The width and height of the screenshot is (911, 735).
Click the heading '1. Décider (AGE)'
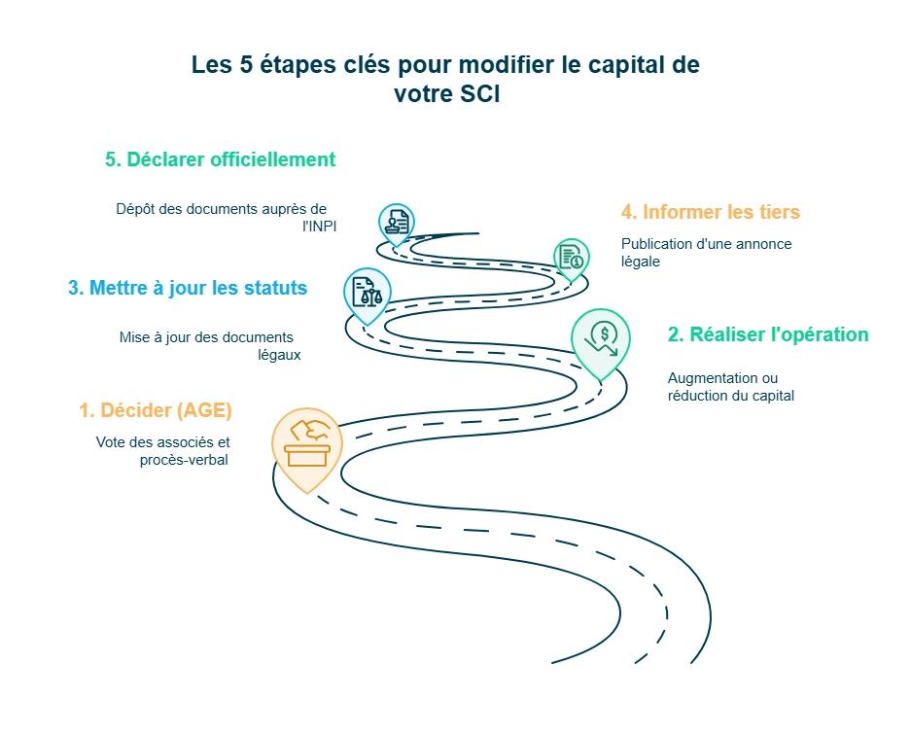click(x=156, y=410)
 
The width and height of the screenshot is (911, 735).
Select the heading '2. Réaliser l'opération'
click(x=767, y=334)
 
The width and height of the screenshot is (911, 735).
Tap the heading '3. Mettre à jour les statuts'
click(x=188, y=288)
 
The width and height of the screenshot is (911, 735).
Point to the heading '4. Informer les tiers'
click(x=710, y=212)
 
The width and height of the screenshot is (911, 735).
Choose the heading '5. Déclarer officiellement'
click(x=220, y=159)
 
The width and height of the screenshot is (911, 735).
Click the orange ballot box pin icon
click(x=307, y=446)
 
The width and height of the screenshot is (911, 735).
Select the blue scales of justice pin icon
click(x=367, y=293)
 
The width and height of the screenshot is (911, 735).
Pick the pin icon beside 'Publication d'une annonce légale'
click(x=571, y=258)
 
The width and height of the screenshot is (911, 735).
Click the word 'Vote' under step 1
click(x=111, y=442)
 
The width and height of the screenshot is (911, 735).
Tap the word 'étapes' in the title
click(x=284, y=66)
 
